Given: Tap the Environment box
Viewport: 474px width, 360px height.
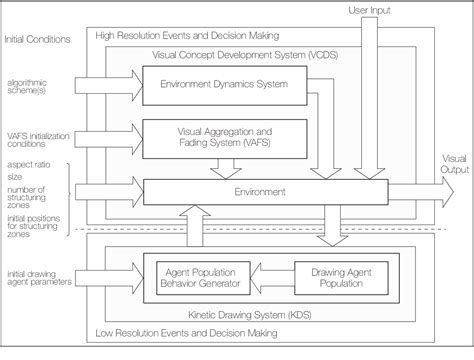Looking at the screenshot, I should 262,189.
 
